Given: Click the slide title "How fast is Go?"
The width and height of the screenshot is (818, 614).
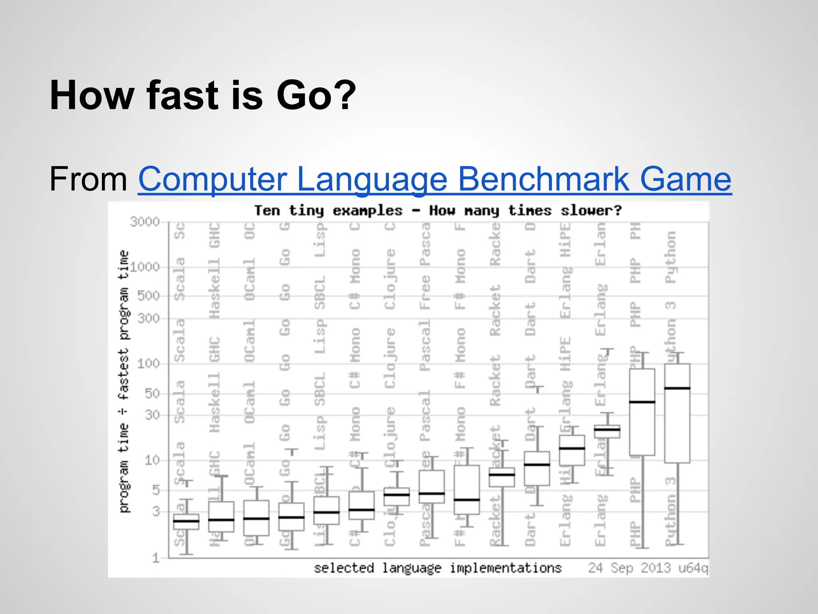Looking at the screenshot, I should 203,96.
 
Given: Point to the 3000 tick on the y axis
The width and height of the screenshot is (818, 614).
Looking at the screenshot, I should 145,221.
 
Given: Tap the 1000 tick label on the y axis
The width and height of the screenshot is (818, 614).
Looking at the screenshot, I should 145,267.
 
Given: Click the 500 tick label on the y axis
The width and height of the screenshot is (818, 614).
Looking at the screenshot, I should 148,296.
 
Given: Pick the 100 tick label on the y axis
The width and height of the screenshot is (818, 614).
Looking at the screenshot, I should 148,364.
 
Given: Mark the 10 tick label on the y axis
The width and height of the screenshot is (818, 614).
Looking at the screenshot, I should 152,460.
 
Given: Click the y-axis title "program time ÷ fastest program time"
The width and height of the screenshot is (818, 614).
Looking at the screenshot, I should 124,382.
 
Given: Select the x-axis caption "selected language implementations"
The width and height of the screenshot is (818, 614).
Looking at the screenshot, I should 437,568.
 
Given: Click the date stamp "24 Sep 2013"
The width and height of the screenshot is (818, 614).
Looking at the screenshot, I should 629,568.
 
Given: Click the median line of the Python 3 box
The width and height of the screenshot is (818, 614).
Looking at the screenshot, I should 677,388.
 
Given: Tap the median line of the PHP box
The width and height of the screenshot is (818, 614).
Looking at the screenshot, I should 642,402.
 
